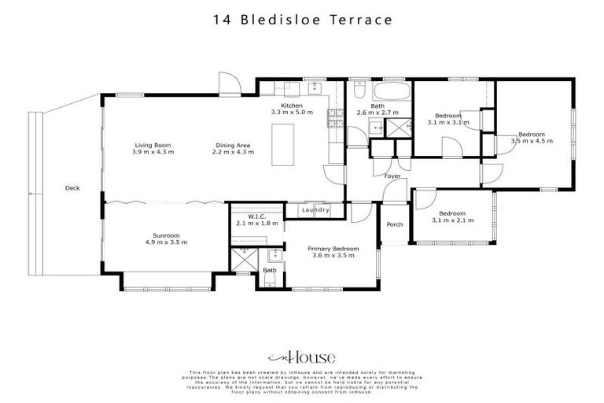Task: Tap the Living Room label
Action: point(153,145)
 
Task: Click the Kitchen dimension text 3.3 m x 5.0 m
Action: point(292,113)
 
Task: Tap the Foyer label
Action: point(392,176)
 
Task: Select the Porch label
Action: point(394,224)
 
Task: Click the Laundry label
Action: point(316,210)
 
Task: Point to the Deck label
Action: point(72,188)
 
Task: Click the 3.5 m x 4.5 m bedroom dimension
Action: point(532,141)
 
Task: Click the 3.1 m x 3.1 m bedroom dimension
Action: point(448,123)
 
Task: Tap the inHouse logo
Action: point(301,355)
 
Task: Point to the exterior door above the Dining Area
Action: point(226,83)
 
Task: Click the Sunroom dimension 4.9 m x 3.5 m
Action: point(166,242)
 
